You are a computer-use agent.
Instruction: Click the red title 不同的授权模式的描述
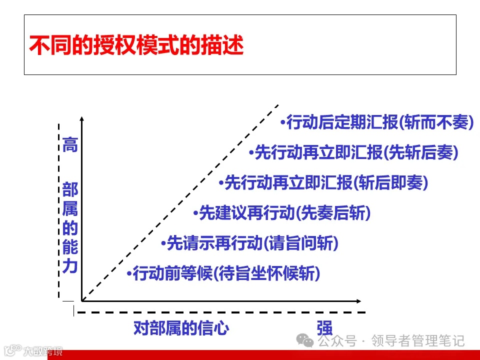pyautogui.click(x=136, y=45)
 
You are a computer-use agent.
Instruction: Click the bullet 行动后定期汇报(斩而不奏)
pyautogui.click(x=377, y=122)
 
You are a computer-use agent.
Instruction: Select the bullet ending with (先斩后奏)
pyautogui.click(x=354, y=153)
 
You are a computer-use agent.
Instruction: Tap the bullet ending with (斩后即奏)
pyautogui.click(x=324, y=183)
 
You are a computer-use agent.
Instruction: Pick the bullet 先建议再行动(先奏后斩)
pyautogui.click(x=282, y=213)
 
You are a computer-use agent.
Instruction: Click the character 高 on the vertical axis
pyautogui.click(x=70, y=145)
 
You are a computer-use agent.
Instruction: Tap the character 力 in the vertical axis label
pyautogui.click(x=70, y=266)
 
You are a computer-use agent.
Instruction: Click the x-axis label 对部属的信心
pyautogui.click(x=181, y=328)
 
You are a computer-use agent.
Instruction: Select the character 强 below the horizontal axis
pyautogui.click(x=324, y=328)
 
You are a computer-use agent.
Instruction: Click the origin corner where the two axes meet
pyautogui.click(x=82, y=300)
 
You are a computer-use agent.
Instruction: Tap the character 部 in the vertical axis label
pyautogui.click(x=70, y=190)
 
